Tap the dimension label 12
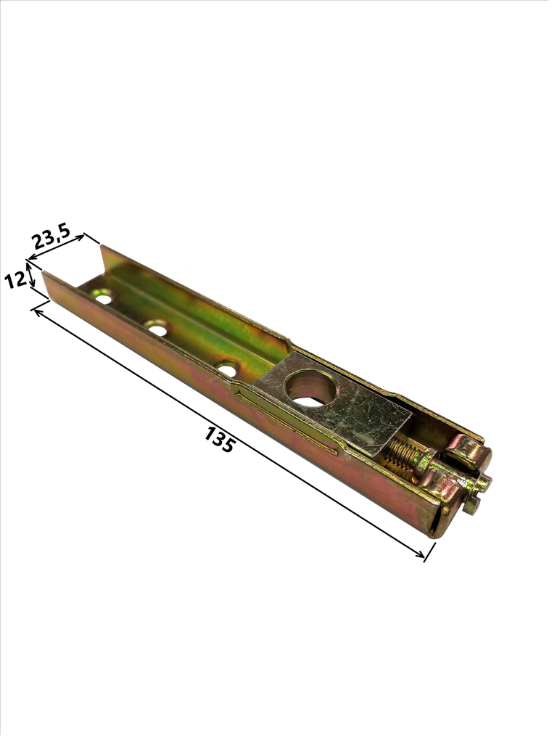(x=15, y=279)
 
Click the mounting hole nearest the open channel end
(x=103, y=297)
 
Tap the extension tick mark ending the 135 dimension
(x=429, y=552)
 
